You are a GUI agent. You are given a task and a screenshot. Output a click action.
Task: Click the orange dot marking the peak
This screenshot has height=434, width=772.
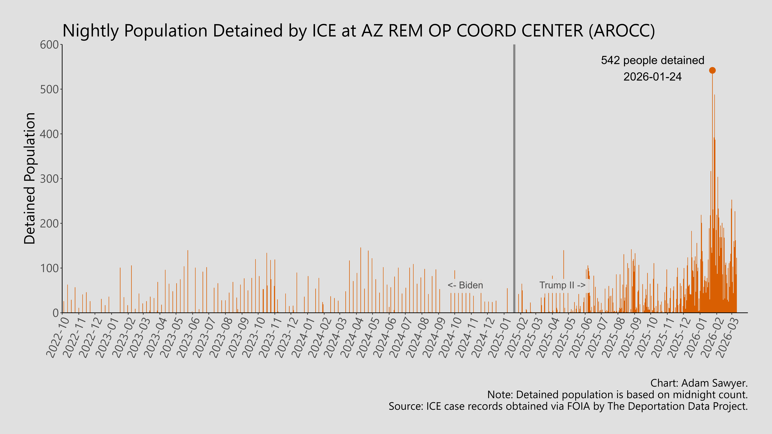tap(712, 70)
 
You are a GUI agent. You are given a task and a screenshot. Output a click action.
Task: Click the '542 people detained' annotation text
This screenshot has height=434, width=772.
tap(652, 61)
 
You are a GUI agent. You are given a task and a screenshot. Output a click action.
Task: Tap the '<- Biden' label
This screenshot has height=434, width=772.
tap(465, 285)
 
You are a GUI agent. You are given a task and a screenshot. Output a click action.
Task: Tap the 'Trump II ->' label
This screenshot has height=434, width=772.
tap(562, 285)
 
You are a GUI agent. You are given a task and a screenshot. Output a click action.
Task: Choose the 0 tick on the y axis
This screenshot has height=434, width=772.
tap(55, 313)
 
